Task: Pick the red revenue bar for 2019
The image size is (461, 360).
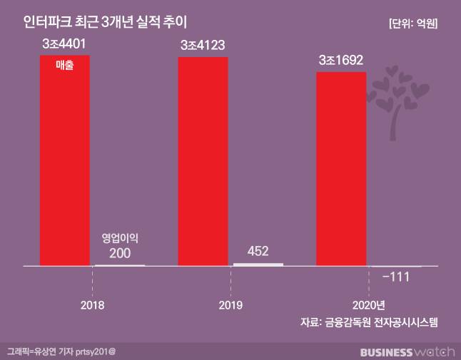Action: click(x=203, y=160)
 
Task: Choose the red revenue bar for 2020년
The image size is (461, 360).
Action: click(x=341, y=168)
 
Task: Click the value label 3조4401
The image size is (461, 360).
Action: click(x=64, y=44)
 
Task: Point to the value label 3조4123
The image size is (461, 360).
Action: click(x=203, y=46)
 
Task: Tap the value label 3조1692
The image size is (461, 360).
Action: click(x=341, y=61)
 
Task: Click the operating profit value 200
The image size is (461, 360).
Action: click(x=120, y=252)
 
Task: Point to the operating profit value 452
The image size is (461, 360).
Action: click(x=258, y=251)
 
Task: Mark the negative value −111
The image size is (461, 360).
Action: click(x=396, y=277)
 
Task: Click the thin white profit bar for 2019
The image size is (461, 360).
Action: click(x=258, y=264)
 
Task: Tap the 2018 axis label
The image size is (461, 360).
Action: click(x=92, y=304)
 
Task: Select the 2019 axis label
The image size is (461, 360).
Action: click(x=230, y=304)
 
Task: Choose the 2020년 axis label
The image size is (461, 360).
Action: click(x=368, y=304)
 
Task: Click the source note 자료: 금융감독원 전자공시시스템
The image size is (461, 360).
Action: click(x=369, y=323)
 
